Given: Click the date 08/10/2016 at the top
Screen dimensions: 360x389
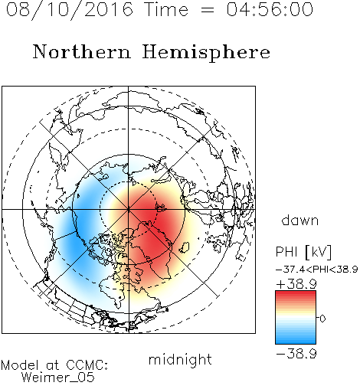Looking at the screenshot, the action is pyautogui.click(x=70, y=10).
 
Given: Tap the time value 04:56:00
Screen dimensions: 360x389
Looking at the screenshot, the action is pyautogui.click(x=270, y=9).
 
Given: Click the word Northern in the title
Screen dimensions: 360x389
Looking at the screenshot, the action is pyautogui.click(x=82, y=51).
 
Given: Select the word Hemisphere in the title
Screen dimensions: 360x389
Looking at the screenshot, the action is pyautogui.click(x=206, y=53).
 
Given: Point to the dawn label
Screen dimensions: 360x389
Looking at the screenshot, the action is pyautogui.click(x=300, y=221).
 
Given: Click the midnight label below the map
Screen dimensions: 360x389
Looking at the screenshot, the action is pyautogui.click(x=180, y=359).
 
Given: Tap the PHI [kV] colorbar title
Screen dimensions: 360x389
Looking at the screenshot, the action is pyautogui.click(x=304, y=252).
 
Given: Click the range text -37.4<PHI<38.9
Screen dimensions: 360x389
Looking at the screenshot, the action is pyautogui.click(x=317, y=270).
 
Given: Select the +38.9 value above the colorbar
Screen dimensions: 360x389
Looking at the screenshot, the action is pyautogui.click(x=296, y=284).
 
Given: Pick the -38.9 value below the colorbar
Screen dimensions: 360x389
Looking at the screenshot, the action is pyautogui.click(x=296, y=354).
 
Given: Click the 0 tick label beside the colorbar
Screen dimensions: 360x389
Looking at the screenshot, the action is pyautogui.click(x=322, y=319).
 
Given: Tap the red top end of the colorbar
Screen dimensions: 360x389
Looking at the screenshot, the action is pyautogui.click(x=296, y=293).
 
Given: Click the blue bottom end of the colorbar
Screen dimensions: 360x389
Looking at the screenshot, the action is pyautogui.click(x=296, y=342).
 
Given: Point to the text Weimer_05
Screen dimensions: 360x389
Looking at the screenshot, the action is pyautogui.click(x=58, y=378).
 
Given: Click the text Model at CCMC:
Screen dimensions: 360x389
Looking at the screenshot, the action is pyautogui.click(x=54, y=365).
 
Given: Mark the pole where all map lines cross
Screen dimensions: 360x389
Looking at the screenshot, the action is pyautogui.click(x=129, y=209).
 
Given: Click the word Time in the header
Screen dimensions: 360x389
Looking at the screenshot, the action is pyautogui.click(x=166, y=9).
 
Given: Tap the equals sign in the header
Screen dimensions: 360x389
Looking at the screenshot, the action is pyautogui.click(x=208, y=10).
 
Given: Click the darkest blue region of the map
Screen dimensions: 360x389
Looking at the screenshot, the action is pyautogui.click(x=77, y=243).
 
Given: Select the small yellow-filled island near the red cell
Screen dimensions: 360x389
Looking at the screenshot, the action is pyautogui.click(x=185, y=247).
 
